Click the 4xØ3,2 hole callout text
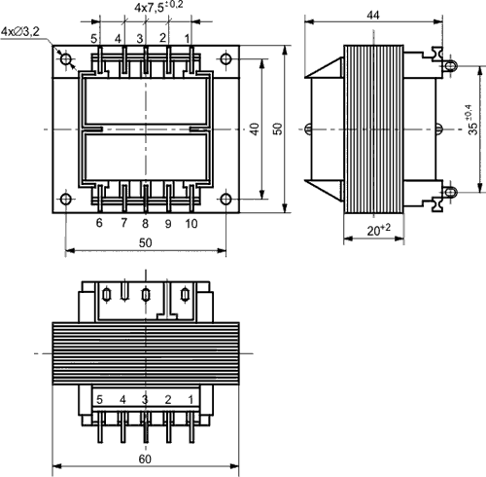(20, 32)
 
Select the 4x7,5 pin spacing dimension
(158, 7)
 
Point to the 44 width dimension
(373, 15)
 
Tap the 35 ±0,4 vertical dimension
(473, 120)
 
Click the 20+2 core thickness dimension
(379, 230)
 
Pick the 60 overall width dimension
(145, 459)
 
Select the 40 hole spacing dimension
(255, 128)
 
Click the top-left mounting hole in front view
(66, 59)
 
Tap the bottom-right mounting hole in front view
(226, 199)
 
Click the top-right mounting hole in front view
(226, 59)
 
